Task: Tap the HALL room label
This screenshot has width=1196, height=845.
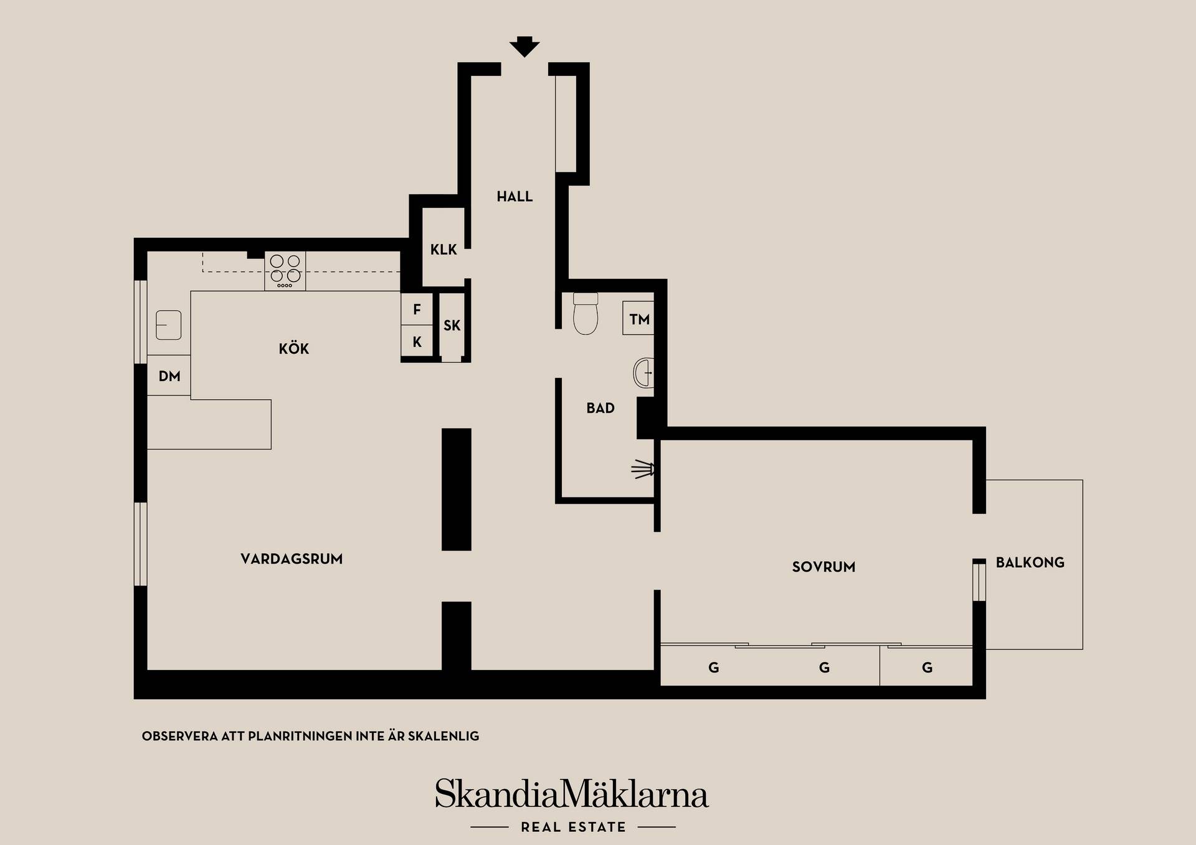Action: click(x=515, y=197)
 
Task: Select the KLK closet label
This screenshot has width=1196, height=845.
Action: click(x=444, y=250)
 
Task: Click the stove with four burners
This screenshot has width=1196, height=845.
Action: click(x=285, y=271)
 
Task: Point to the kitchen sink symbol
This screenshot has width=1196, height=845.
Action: click(x=168, y=325)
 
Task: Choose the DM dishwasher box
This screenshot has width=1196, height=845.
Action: click(x=169, y=375)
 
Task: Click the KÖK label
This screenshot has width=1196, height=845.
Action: click(x=294, y=349)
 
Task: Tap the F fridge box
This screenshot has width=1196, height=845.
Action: click(x=417, y=309)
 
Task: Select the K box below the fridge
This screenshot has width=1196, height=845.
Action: click(x=417, y=341)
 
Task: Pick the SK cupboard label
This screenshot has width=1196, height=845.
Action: click(x=452, y=325)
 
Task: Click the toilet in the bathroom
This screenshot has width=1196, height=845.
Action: click(x=586, y=313)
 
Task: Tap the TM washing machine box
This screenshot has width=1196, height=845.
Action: click(x=638, y=319)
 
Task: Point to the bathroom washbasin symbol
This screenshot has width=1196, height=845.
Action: click(x=643, y=373)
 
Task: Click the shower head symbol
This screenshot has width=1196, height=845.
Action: click(x=643, y=469)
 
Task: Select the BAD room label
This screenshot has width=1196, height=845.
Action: click(x=600, y=408)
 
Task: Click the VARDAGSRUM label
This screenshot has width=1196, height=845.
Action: click(x=292, y=559)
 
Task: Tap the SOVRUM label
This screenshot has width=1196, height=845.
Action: click(x=823, y=567)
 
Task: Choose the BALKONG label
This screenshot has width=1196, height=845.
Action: click(x=1030, y=563)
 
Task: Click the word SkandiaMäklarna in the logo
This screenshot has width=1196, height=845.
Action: click(x=572, y=794)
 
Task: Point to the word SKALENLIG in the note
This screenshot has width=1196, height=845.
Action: click(x=444, y=736)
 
